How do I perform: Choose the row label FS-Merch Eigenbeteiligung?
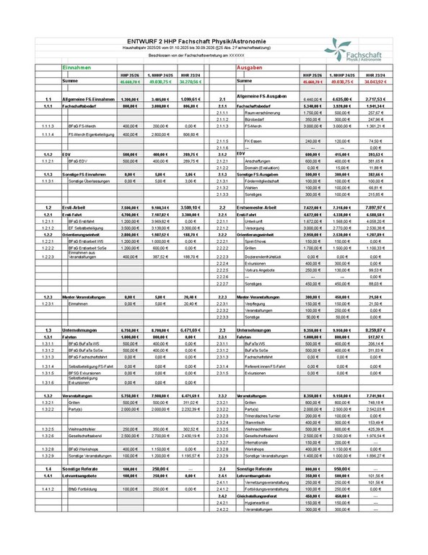pyautogui.click(x=92, y=134)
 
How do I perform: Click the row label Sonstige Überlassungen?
pyautogui.click(x=89, y=181)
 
